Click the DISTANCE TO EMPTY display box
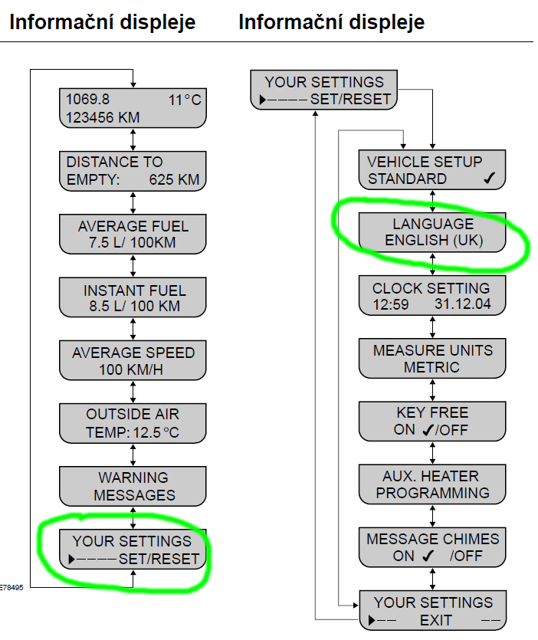[133, 171]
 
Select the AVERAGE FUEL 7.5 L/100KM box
[133, 235]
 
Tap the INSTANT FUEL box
[133, 298]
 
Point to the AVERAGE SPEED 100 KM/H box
[133, 361]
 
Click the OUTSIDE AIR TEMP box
[133, 423]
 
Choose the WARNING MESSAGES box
[133, 487]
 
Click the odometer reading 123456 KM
[103, 117]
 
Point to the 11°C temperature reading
[185, 100]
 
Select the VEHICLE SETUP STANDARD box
[434, 170]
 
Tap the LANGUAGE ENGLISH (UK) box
[434, 233]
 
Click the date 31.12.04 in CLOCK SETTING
[464, 304]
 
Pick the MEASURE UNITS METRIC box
[434, 359]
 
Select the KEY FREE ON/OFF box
[434, 422]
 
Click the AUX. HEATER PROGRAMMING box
[434, 484]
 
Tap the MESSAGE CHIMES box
[434, 547]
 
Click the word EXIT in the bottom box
[436, 619]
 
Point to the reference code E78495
[11, 589]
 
